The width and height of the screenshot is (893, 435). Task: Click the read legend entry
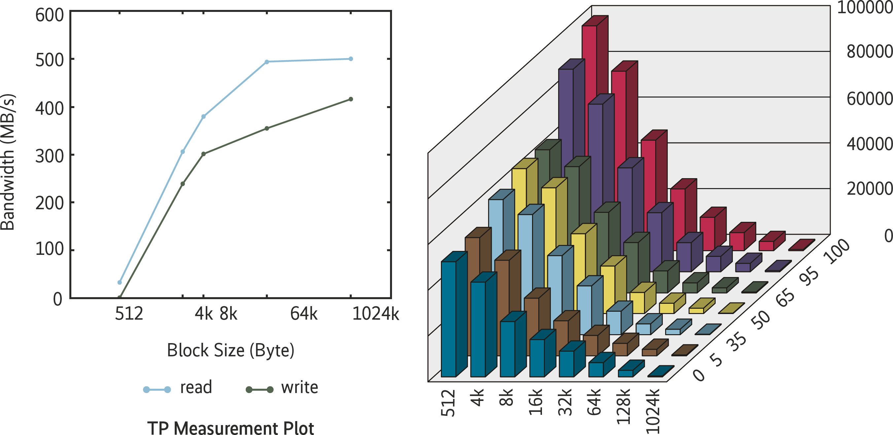pyautogui.click(x=196, y=387)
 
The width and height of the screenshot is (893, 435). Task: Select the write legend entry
pyautogui.click(x=299, y=387)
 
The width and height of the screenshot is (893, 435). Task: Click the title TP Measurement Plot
pyautogui.click(x=231, y=428)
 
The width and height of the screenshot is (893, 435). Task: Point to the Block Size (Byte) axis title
pyautogui.click(x=231, y=350)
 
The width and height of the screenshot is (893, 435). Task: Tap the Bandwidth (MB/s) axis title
pyautogui.click(x=8, y=162)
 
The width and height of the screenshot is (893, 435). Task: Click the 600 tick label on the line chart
pyautogui.click(x=50, y=16)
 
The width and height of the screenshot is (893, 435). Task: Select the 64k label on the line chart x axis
pyautogui.click(x=304, y=314)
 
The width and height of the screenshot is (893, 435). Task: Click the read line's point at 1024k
pyautogui.click(x=351, y=59)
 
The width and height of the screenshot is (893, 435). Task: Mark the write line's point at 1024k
pyautogui.click(x=351, y=99)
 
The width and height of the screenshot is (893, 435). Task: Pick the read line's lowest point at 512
pyautogui.click(x=120, y=282)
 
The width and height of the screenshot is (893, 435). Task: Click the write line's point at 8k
pyautogui.click(x=203, y=154)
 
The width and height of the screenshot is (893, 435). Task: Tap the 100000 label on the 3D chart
pyautogui.click(x=865, y=8)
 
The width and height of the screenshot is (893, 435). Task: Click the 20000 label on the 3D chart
pyautogui.click(x=870, y=189)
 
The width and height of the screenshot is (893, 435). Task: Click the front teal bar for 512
pyautogui.click(x=448, y=319)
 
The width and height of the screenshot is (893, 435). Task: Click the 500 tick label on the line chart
pyautogui.click(x=50, y=60)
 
